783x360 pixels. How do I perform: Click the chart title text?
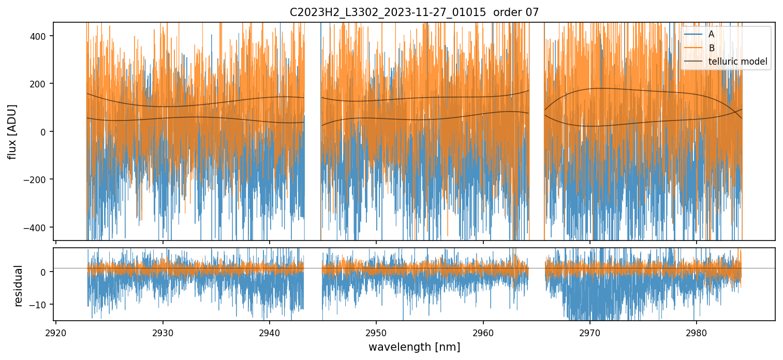click(x=414, y=12)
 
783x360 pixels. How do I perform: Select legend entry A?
click(x=711, y=35)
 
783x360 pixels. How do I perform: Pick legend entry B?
click(x=711, y=48)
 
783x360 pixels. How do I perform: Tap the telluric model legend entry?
click(x=737, y=62)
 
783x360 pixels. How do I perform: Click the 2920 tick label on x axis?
click(x=56, y=331)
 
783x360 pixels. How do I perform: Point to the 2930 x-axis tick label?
click(x=162, y=331)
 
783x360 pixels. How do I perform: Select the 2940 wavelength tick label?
click(x=269, y=331)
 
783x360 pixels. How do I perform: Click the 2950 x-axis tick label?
click(x=376, y=331)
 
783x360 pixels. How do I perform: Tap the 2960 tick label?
click(x=483, y=331)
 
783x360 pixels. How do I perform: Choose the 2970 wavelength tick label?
click(x=589, y=331)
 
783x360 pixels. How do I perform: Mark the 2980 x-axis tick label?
click(x=696, y=331)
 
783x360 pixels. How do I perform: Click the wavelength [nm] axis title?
click(x=414, y=347)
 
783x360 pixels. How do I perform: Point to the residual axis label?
click(x=19, y=285)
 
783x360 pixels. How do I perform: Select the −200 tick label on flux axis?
click(x=36, y=179)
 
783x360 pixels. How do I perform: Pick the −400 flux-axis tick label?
click(x=36, y=228)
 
